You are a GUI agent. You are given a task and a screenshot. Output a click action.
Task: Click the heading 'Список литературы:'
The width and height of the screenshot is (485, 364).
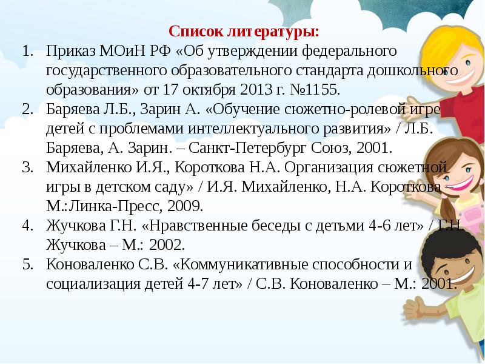(x=243, y=30)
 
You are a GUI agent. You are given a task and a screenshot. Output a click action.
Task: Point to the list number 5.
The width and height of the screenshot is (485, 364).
(x=27, y=265)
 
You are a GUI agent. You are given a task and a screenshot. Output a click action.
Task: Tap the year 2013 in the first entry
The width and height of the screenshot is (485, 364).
(x=249, y=90)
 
